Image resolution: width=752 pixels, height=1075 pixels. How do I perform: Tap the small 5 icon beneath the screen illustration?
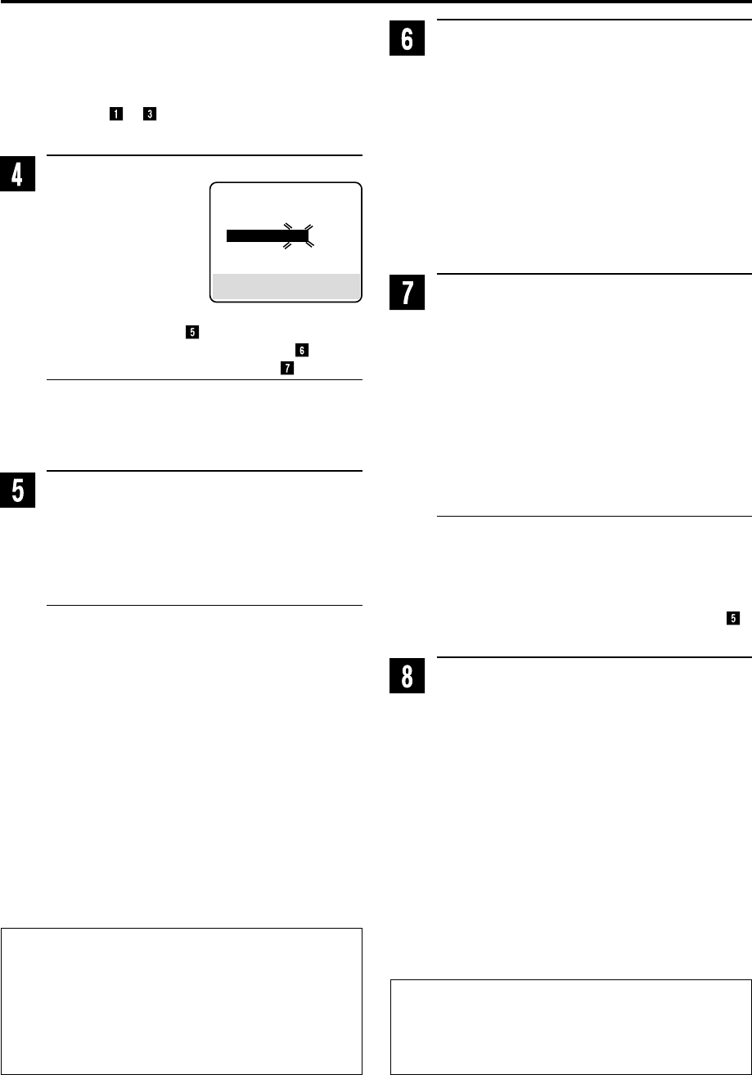click(x=191, y=333)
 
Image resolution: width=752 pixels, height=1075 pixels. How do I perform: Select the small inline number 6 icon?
click(x=302, y=350)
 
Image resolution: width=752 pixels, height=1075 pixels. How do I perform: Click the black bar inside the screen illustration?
click(x=267, y=236)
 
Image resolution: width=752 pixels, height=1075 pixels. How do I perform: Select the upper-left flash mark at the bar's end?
click(x=287, y=225)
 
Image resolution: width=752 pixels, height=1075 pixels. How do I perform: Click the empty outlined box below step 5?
click(x=182, y=999)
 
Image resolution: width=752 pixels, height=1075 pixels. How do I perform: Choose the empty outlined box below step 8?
click(x=570, y=1025)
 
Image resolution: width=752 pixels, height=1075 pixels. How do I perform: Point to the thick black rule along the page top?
click(x=376, y=2)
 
